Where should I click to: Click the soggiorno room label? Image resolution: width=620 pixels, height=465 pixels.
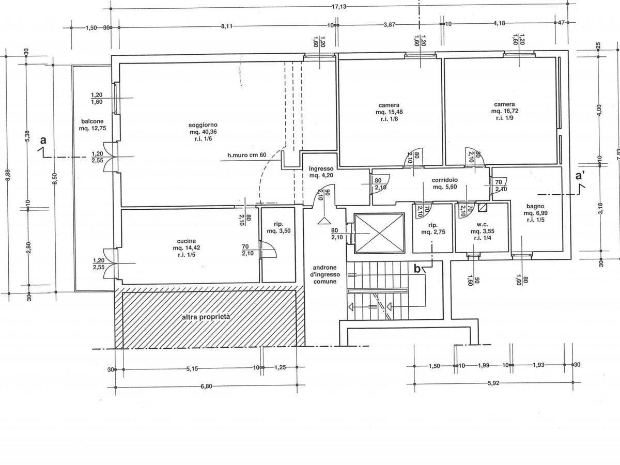click(x=203, y=132)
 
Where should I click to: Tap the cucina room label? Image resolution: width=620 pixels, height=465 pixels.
click(x=187, y=248)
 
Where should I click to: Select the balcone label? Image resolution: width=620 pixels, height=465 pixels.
click(x=92, y=125)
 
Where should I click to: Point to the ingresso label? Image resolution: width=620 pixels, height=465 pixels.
click(x=321, y=172)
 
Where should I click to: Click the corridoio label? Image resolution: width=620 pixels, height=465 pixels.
click(x=445, y=183)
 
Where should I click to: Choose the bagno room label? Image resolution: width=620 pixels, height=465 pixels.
click(x=534, y=213)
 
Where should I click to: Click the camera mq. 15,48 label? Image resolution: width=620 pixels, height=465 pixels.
click(x=389, y=112)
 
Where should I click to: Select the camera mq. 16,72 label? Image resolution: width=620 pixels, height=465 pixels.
click(x=504, y=111)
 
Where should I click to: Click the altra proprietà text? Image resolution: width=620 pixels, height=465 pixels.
click(x=206, y=317)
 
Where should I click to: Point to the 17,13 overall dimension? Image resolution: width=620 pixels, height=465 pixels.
click(x=338, y=7)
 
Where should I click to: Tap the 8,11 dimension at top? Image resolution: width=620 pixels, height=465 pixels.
click(x=226, y=26)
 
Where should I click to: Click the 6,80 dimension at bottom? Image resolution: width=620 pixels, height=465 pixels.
click(x=206, y=386)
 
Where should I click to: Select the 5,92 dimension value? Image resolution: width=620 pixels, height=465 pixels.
click(x=493, y=383)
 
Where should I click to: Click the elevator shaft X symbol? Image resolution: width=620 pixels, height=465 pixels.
click(x=379, y=233)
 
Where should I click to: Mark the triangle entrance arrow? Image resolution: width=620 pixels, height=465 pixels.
click(x=324, y=221)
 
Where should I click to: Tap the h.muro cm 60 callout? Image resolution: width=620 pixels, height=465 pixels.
click(x=247, y=155)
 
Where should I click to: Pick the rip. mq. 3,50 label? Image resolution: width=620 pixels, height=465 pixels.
click(x=278, y=227)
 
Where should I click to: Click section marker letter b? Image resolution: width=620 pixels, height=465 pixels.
click(x=417, y=269)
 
